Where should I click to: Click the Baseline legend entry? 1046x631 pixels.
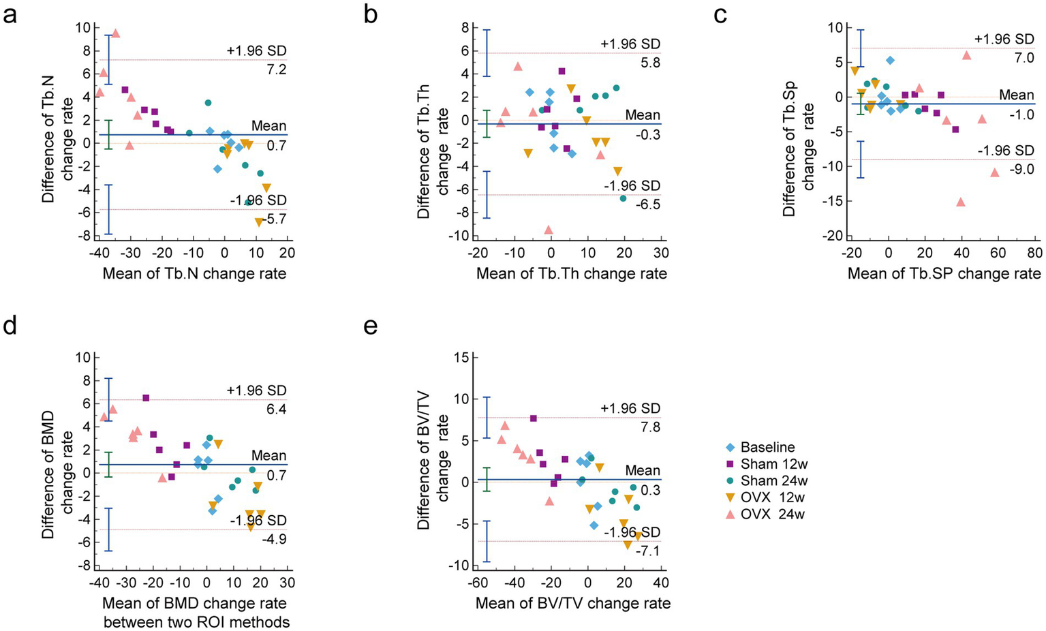click(x=767, y=448)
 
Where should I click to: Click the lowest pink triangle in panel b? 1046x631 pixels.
click(x=548, y=230)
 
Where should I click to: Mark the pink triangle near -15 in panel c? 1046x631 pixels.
click(x=961, y=202)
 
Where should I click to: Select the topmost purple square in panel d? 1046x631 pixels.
click(x=145, y=398)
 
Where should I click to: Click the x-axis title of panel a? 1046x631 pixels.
click(x=194, y=274)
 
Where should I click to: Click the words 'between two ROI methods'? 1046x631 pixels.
click(x=196, y=621)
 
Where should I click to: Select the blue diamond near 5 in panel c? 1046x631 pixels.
click(x=890, y=61)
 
